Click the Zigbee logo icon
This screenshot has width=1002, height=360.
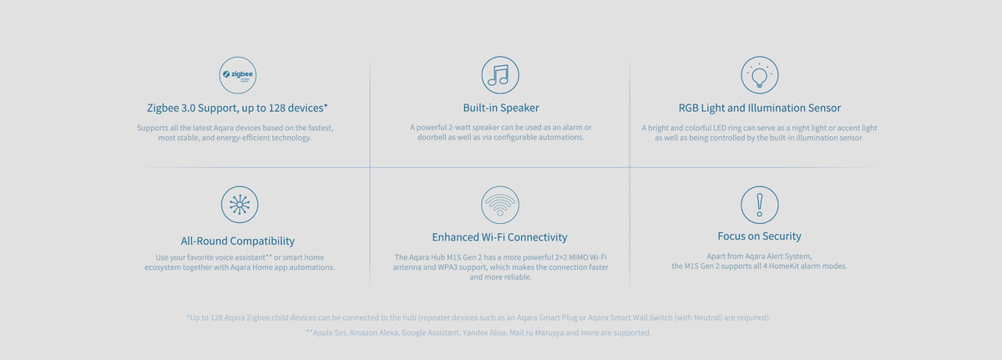(237, 75)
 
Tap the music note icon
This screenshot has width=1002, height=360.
(500, 74)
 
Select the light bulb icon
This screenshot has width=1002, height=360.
(759, 74)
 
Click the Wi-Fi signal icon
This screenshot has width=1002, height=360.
(500, 205)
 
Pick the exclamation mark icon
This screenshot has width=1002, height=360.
(759, 205)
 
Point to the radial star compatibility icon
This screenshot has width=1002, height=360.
(240, 205)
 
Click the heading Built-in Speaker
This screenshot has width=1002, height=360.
(500, 108)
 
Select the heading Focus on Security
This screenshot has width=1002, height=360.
(759, 236)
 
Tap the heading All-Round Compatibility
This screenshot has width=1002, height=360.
(237, 241)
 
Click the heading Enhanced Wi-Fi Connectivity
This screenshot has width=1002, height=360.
(499, 237)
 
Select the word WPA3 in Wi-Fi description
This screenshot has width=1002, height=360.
(448, 267)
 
